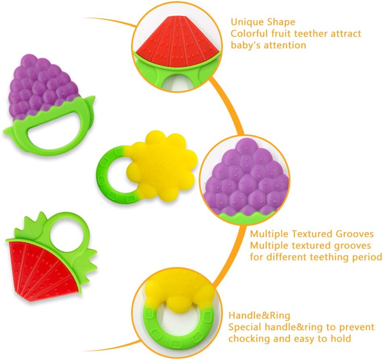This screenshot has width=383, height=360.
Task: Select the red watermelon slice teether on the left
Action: coord(40,267)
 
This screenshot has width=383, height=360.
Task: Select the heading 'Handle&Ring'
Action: coord(259,315)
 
